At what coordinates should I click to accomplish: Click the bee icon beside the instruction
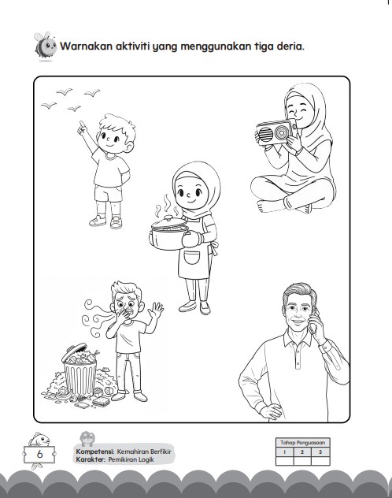coord(45,46)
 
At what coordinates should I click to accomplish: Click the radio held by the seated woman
coord(276,132)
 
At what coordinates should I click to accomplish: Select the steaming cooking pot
coord(168,232)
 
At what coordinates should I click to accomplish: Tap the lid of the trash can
coord(75,351)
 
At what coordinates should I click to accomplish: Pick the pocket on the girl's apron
coord(192,257)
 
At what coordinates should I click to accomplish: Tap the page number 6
coord(39,454)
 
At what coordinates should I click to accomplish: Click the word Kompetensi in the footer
coord(95,452)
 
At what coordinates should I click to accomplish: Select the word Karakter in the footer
coord(91,459)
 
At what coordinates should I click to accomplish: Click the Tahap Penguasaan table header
coord(302,442)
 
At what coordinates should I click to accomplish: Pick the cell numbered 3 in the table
coord(320,452)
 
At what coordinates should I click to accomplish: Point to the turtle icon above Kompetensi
coord(87,438)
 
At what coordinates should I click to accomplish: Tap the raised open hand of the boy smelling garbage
coord(156,310)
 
